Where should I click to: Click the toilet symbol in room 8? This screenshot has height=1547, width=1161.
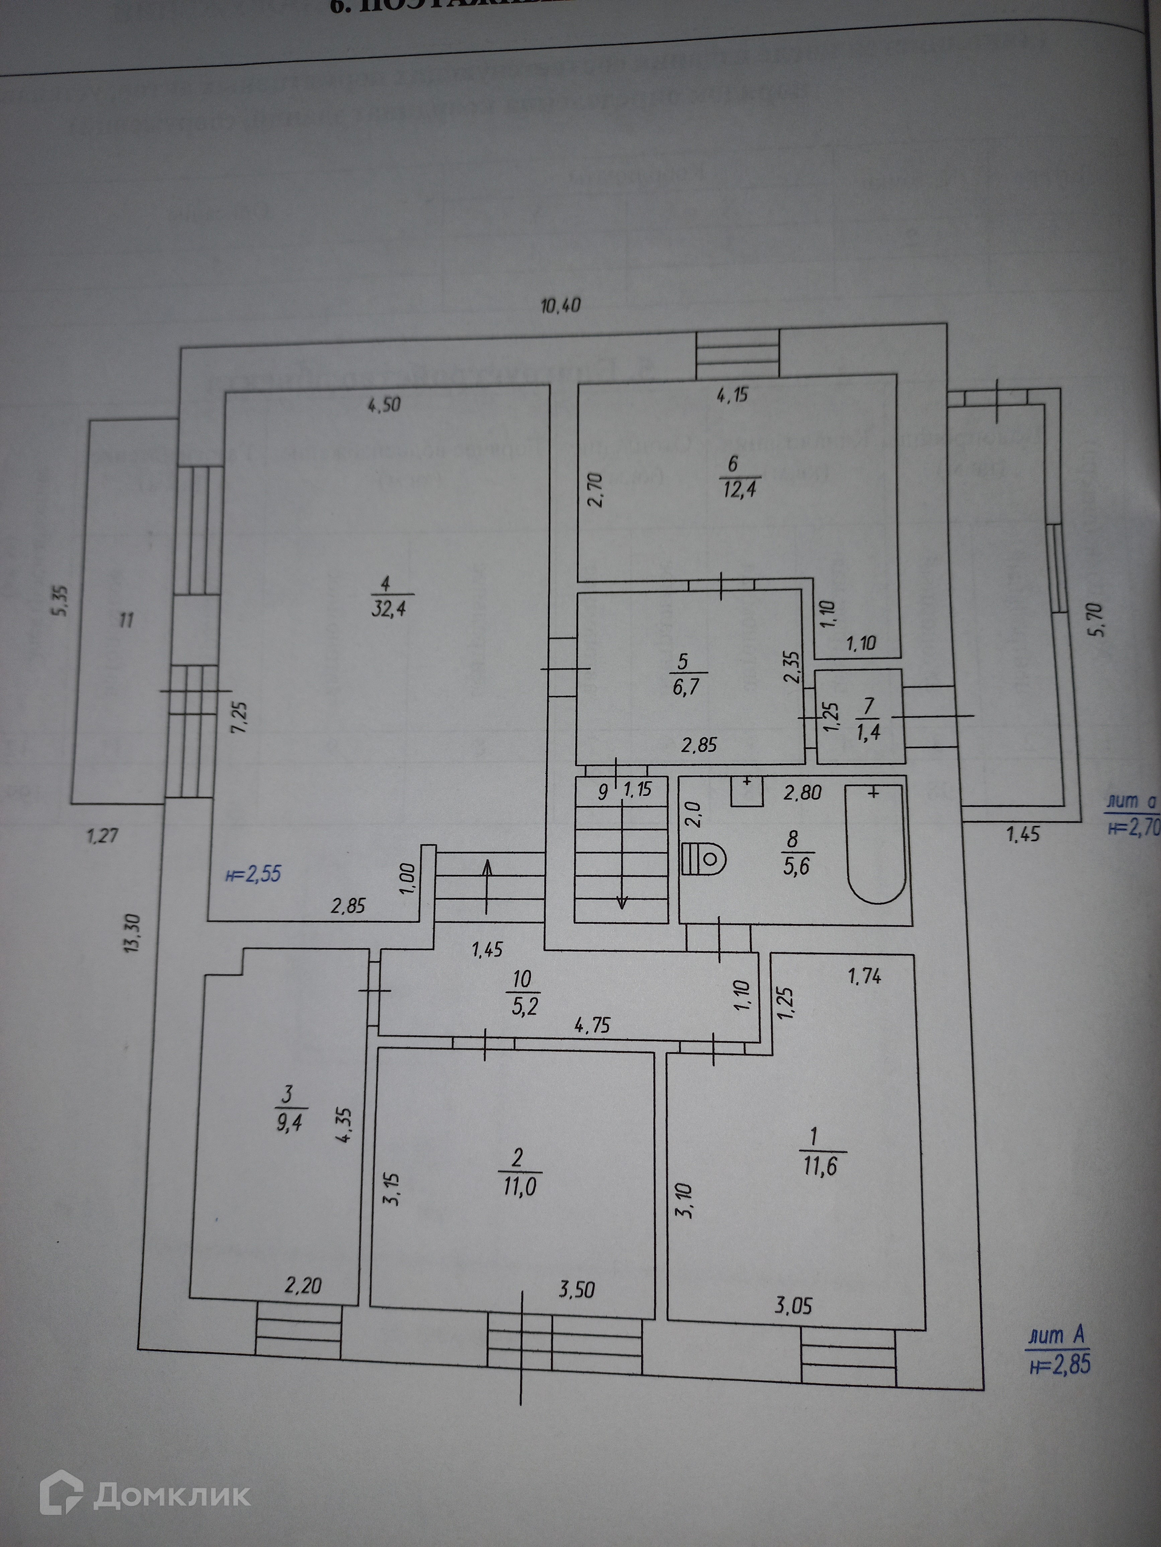tap(703, 858)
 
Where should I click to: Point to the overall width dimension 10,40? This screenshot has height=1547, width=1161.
tap(561, 306)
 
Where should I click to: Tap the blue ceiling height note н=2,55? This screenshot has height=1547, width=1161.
tap(253, 874)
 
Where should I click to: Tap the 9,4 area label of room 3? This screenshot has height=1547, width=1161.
tap(288, 1125)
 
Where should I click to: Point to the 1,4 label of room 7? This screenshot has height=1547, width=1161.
tap(868, 732)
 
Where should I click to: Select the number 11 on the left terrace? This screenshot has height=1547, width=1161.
tap(126, 619)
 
